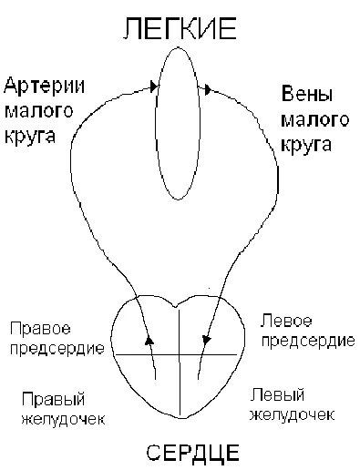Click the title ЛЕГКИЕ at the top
179,30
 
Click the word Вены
302,95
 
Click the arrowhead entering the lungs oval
150,88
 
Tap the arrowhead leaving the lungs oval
207,88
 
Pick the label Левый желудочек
290,404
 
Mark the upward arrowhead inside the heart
149,340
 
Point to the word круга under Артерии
28,138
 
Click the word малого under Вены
307,119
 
